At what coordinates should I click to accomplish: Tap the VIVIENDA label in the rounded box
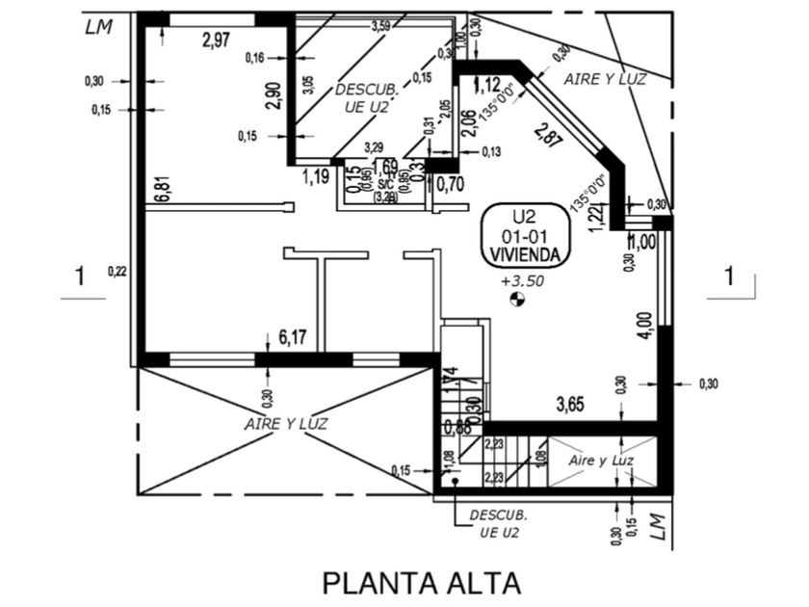[x=525, y=253]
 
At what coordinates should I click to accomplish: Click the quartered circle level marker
[x=517, y=302]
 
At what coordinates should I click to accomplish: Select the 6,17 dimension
[x=292, y=336]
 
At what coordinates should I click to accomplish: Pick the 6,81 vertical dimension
[x=161, y=189]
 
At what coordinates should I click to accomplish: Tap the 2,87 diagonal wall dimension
[x=549, y=137]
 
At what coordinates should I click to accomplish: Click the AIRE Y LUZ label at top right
[x=604, y=77]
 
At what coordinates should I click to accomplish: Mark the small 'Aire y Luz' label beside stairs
[x=601, y=461]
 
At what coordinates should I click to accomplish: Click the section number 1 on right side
[x=729, y=277]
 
